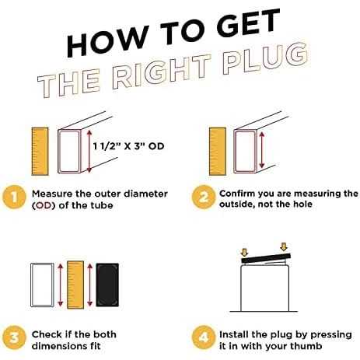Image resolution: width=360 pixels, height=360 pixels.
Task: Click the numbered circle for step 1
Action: point(14,197)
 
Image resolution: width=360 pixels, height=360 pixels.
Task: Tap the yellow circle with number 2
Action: point(204,197)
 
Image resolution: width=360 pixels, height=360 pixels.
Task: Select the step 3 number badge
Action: point(14,337)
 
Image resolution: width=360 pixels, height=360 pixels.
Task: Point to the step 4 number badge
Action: point(204,337)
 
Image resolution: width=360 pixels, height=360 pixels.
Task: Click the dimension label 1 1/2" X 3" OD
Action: point(129,146)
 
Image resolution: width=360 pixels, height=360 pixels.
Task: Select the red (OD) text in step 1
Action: point(44,206)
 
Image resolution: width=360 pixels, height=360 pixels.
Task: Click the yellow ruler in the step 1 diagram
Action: point(40,152)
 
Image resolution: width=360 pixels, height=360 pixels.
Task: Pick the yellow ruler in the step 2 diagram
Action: point(218,152)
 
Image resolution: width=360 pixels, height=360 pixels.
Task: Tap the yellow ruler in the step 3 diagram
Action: point(75,285)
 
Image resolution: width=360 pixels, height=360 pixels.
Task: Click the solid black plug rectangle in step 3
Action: point(107,285)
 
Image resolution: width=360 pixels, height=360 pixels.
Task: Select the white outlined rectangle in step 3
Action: point(42,285)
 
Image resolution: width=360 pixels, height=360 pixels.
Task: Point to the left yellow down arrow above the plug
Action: point(244,252)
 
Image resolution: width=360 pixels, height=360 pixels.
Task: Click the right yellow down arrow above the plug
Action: point(284,246)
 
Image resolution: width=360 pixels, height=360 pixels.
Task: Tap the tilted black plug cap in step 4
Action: point(266,258)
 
